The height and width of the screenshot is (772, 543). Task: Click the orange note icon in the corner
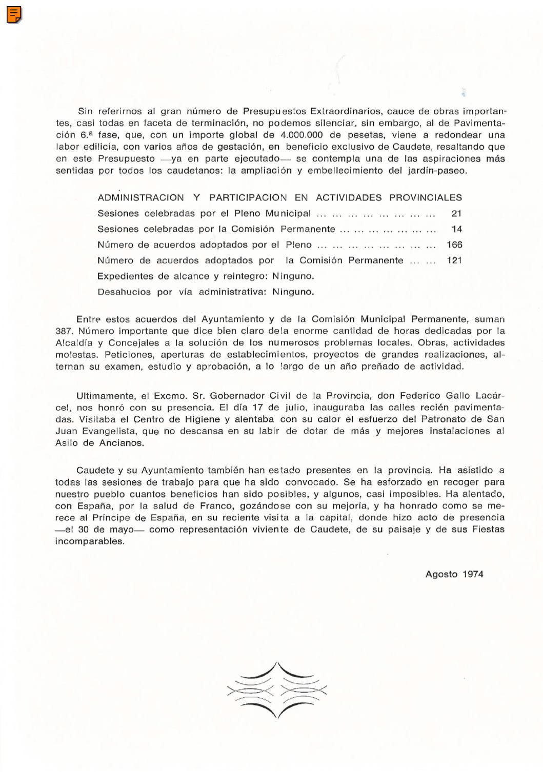point(14,15)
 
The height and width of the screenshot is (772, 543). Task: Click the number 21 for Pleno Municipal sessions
point(456,213)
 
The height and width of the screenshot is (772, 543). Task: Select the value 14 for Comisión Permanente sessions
point(456,229)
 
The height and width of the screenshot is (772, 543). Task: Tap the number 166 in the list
point(454,245)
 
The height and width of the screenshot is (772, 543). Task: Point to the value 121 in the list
point(454,260)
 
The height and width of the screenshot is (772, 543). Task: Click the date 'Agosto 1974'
point(454,574)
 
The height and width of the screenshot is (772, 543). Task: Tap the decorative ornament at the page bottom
point(277,690)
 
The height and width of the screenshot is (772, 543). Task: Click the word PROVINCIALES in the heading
point(426,197)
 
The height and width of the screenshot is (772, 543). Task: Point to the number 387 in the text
point(64,331)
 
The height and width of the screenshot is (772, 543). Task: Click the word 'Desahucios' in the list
point(124,292)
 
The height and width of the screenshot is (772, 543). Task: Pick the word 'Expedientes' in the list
point(125,276)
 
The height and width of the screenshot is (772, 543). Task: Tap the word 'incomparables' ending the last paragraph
point(89,541)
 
